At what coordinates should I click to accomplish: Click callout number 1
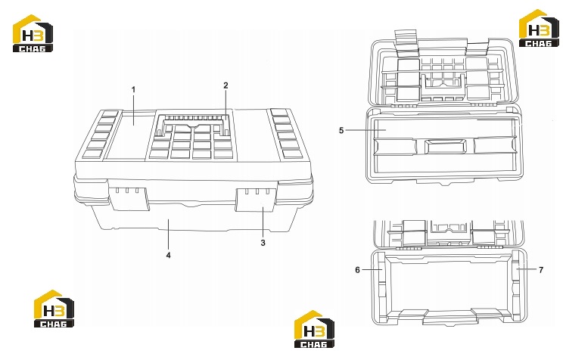pos(134,89)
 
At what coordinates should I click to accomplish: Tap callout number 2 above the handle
pos(226,85)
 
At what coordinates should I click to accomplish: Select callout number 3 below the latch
pos(263,243)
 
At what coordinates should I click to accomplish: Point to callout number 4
pos(169,255)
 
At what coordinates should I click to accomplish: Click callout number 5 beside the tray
pos(341,130)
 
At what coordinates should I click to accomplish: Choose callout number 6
pos(357,269)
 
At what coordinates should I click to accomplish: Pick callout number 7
pos(541,269)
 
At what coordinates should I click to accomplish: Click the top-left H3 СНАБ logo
pos(33,33)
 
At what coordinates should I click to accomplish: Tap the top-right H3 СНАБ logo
pos(539,28)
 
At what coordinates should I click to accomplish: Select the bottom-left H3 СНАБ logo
pos(54,309)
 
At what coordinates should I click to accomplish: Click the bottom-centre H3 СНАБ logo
pos(314,329)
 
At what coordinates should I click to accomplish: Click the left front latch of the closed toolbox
pos(129,198)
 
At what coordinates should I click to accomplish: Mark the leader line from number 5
pos(366,130)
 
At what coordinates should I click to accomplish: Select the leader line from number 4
pos(169,234)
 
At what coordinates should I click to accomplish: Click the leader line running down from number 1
pos(134,110)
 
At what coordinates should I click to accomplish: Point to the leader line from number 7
pos(527,269)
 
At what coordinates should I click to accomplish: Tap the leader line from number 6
pos(372,269)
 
